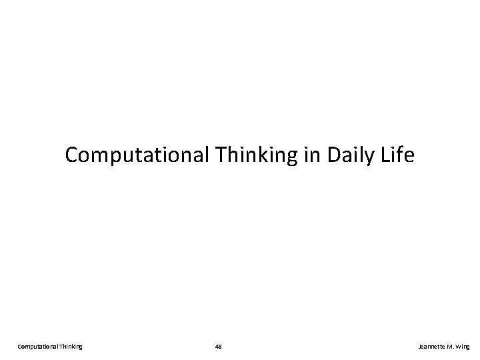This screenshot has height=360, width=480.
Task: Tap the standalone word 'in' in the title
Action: pyautogui.click(x=295, y=156)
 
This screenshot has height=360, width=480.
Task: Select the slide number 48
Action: pyautogui.click(x=219, y=346)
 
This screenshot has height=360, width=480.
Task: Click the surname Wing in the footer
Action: pyautogui.click(x=465, y=346)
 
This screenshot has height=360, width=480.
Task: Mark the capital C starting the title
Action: pyautogui.click(x=72, y=156)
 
